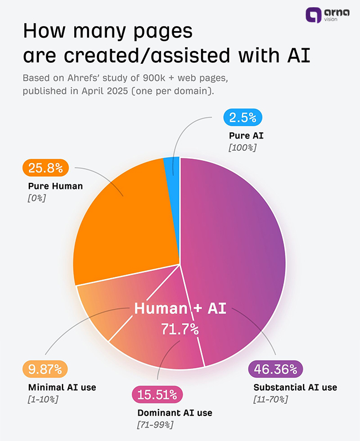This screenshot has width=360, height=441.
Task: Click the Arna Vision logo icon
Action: point(314,15)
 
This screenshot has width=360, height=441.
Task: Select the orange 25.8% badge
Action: point(45,167)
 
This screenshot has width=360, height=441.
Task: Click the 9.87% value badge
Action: point(45,369)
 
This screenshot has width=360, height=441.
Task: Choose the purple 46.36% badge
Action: point(276,369)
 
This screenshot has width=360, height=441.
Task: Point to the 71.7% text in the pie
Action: point(179,329)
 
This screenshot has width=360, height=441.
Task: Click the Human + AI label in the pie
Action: point(180,309)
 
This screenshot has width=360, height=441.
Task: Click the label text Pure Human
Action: point(55,186)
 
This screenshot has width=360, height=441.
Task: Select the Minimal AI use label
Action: point(61,387)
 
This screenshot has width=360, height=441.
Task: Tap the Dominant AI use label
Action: point(174,413)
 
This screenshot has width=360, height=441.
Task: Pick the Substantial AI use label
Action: point(295,387)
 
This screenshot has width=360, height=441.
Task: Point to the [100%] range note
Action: point(243,147)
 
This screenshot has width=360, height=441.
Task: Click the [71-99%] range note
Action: point(155,425)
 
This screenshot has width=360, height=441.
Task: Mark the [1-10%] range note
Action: point(43,399)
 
